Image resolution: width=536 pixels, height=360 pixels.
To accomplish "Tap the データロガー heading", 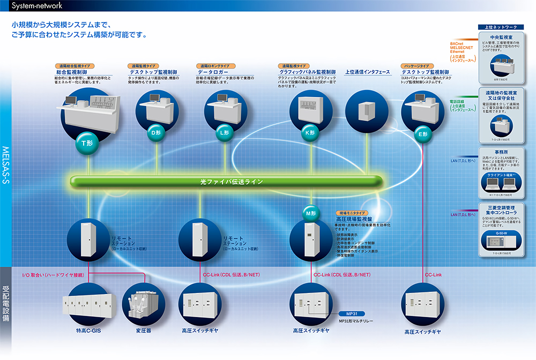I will pyautogui.click(x=213, y=72).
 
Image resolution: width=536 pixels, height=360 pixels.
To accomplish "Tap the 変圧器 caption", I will pyautogui.click(x=143, y=331).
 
